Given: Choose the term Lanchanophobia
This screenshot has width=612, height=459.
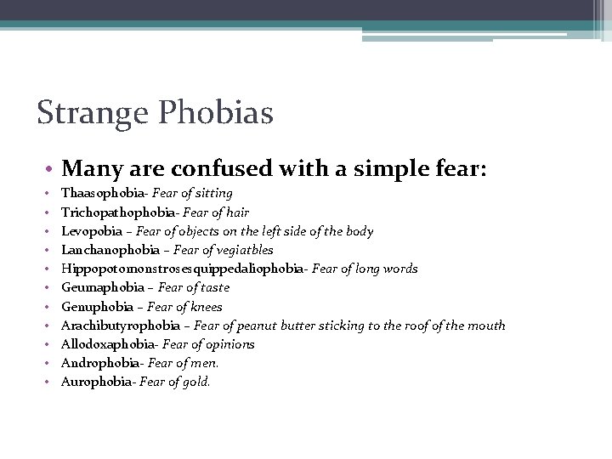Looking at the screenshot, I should click(110, 250).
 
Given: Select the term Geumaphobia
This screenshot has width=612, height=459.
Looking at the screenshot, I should click(103, 287).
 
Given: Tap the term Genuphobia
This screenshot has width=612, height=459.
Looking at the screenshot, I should click(98, 307).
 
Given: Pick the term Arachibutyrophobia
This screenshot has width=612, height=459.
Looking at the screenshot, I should click(120, 326).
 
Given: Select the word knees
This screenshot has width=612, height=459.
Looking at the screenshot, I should click(207, 307).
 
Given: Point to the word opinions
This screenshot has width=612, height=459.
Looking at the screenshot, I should click(230, 344).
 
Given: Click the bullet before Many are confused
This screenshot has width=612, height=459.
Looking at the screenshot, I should click(52, 168).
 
